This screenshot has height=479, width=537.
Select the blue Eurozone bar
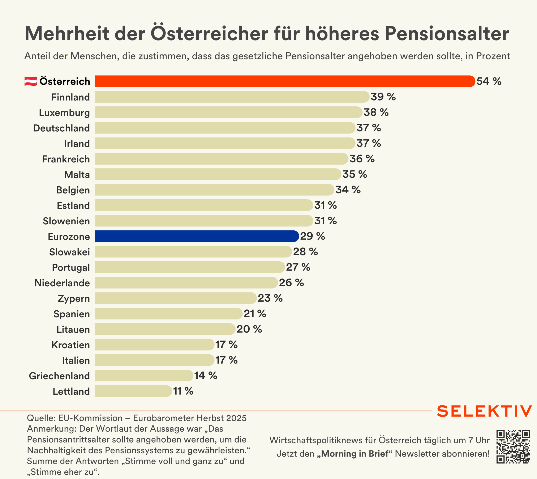[196, 236]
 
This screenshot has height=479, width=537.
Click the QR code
[513, 447]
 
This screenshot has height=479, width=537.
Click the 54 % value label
[489, 81]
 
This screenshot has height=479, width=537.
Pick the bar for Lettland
[133, 391]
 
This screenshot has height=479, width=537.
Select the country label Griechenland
[59, 376]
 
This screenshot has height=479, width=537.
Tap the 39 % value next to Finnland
[383, 97]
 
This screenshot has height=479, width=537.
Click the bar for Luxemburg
[228, 112]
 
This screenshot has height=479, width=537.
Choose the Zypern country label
[74, 298]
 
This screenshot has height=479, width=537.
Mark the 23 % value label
[270, 298]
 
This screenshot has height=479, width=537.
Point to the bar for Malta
[218, 174]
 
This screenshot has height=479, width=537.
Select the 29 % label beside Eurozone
[312, 236]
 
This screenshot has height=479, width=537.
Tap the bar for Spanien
[168, 314]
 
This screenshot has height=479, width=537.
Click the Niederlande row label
[62, 283]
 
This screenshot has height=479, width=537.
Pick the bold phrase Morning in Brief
[355, 454]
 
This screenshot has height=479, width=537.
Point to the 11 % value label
[183, 391]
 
